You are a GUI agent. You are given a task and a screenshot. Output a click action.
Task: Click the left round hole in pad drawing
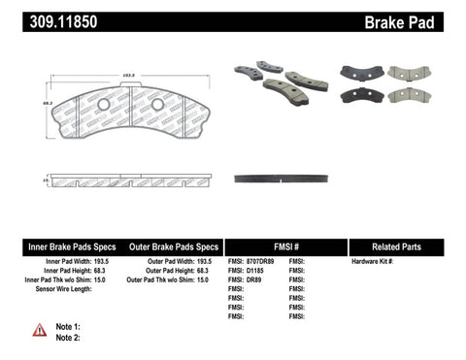tap(104, 104)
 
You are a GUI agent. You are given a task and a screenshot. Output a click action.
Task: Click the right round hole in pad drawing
tap(157, 104)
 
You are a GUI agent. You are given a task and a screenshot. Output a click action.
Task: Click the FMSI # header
tap(285, 246)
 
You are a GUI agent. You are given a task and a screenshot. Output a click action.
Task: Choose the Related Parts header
tap(406, 246)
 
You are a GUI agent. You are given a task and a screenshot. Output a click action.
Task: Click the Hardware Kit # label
tap(372, 262)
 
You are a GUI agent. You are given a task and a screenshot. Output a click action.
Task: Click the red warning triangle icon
tap(39, 330)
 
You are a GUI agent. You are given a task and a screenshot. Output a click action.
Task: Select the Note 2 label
tap(68, 337)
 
